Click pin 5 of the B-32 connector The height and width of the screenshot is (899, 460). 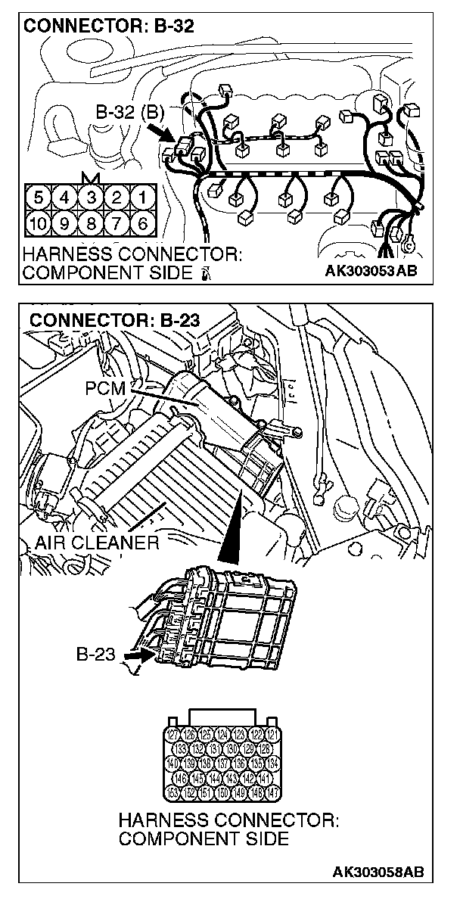(x=39, y=199)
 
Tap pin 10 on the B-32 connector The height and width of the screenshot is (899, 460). (x=39, y=223)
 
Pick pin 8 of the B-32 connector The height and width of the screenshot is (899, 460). (x=90, y=223)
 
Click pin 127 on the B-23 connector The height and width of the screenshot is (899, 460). (x=173, y=734)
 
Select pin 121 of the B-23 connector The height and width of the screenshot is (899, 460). (x=273, y=734)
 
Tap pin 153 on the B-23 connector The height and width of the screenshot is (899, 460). (x=173, y=792)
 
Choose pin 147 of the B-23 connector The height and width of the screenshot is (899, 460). (x=273, y=792)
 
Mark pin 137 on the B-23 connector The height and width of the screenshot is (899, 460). (x=223, y=763)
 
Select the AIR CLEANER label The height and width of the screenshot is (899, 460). (x=97, y=542)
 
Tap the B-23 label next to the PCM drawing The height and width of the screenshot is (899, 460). (x=95, y=652)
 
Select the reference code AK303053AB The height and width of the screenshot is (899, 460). (x=371, y=271)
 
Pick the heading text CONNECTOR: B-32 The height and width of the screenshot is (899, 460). (x=109, y=26)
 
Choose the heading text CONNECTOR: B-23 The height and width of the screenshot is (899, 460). (x=114, y=320)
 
